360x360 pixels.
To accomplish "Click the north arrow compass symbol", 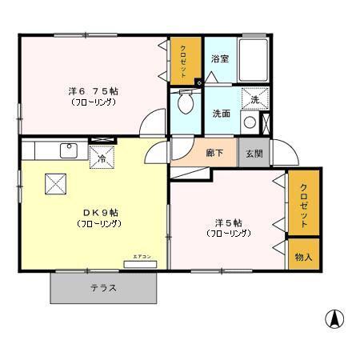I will [334, 319].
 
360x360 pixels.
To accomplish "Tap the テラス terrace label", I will [104, 288].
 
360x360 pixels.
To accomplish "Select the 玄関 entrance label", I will [254, 153].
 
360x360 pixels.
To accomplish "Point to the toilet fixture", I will [186, 102].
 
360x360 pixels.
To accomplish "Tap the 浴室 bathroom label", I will [220, 59].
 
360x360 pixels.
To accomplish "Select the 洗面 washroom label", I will [222, 114].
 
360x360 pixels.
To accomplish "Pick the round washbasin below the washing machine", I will [250, 123].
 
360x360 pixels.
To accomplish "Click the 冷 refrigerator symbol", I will [102, 158].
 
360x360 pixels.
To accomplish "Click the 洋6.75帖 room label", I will [93, 92].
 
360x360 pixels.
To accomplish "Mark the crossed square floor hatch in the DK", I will [54, 184].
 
